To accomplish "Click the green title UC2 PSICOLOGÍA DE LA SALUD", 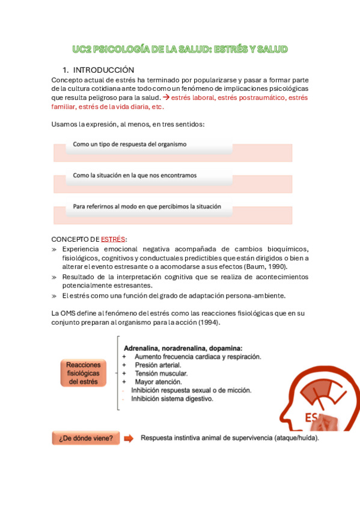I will tap(179, 49).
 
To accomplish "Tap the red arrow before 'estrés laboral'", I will tap(166, 97).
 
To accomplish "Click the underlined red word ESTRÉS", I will tap(114, 239).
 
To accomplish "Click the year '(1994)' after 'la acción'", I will tap(209, 322).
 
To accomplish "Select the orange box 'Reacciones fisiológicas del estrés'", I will tap(84, 373).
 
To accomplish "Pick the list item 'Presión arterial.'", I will tap(158, 365).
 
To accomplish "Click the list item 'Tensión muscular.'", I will tap(161, 373).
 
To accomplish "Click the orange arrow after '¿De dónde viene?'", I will tap(129, 438).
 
